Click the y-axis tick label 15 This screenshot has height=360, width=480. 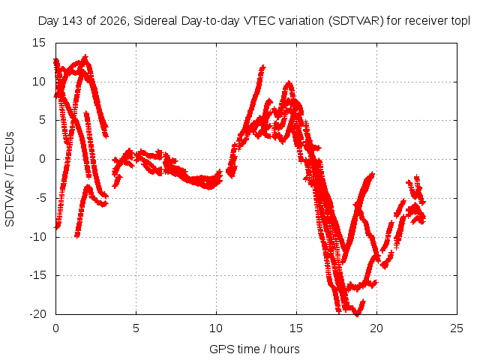tap(39, 43)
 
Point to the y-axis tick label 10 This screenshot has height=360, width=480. tap(39, 82)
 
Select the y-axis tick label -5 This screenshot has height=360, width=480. tap(41, 198)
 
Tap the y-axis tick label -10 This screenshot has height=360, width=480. tap(37, 237)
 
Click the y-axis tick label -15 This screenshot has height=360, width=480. tap(37, 275)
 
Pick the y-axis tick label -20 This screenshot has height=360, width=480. tap(37, 314)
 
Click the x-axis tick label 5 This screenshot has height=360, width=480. tap(136, 328)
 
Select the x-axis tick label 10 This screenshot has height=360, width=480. tap(216, 328)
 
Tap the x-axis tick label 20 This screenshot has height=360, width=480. tap(376, 328)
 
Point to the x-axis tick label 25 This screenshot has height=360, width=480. tap(457, 328)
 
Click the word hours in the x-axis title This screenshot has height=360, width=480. tap(284, 349)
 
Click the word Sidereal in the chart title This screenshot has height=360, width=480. tap(155, 21)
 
